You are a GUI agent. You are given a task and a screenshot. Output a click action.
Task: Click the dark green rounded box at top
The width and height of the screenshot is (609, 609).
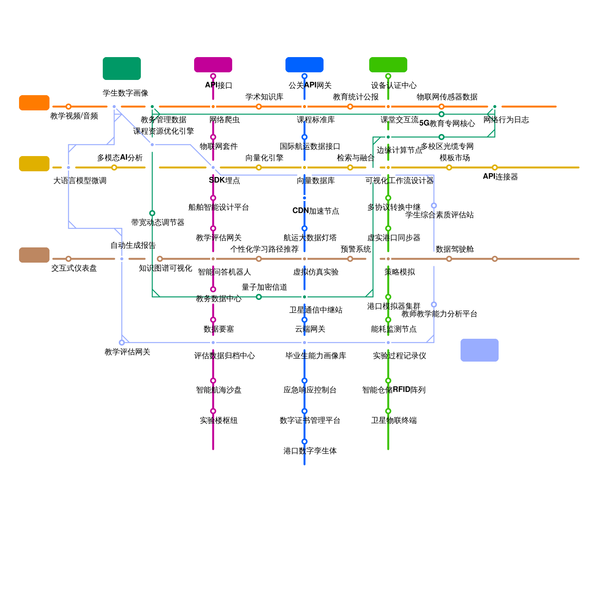tap(122, 69)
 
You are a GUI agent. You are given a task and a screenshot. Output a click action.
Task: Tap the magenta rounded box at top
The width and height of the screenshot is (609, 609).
tap(213, 65)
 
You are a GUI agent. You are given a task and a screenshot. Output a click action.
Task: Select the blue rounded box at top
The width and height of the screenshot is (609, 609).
tap(304, 65)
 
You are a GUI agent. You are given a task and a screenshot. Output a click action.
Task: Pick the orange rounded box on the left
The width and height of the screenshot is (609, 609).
tap(34, 103)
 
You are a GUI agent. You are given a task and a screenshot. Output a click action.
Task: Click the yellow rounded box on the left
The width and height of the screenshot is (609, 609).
tap(34, 164)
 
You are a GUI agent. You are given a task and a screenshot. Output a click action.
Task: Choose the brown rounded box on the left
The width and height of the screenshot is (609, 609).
tap(34, 255)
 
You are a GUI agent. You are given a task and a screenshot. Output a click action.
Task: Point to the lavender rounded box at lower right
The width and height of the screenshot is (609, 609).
tap(480, 350)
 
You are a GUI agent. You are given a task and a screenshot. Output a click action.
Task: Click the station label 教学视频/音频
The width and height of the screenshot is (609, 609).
tap(74, 116)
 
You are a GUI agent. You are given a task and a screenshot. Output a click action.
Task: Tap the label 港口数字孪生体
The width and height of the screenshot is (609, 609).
tap(310, 451)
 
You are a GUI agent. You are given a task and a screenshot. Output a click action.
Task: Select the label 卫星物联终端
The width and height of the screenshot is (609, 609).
tap(394, 421)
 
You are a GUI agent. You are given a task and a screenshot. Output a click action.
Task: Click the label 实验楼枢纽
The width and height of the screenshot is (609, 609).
tap(219, 421)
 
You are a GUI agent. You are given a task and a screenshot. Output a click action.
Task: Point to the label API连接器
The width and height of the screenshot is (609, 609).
tap(501, 177)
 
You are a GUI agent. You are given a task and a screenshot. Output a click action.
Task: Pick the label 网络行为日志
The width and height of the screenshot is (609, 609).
tap(506, 120)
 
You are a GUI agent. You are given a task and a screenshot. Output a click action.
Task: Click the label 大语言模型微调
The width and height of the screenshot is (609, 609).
tap(80, 181)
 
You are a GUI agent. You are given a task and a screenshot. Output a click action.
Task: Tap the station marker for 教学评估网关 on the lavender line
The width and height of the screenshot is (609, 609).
tap(122, 343)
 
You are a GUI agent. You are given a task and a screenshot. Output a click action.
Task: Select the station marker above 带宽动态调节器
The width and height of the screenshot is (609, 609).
tap(152, 213)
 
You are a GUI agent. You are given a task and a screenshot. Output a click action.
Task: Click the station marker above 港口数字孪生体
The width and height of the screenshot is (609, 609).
tap(304, 442)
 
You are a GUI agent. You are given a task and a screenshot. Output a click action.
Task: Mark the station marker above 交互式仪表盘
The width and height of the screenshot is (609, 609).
tap(69, 259)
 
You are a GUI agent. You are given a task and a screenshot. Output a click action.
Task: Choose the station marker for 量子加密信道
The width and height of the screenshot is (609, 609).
tap(259, 297)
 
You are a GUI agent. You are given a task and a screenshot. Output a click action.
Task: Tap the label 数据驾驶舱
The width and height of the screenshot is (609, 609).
tap(455, 249)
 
